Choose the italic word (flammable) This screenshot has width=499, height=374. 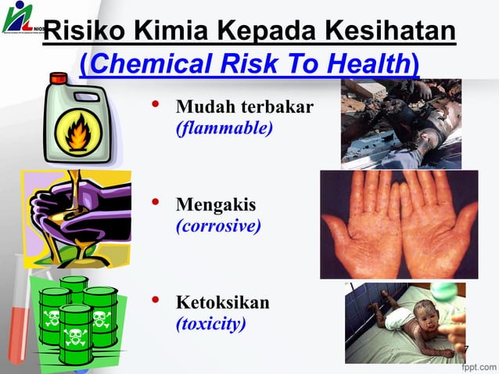coord(224,127)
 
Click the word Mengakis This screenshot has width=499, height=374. coord(216,207)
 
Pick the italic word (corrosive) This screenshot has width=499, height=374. coord(218,227)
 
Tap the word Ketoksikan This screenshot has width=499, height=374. coord(223,303)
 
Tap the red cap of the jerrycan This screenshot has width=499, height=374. coord(59,78)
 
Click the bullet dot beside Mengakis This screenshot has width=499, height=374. coord(156,203)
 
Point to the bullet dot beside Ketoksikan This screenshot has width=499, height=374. coord(156,300)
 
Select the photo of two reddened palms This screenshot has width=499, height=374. coord(398,225)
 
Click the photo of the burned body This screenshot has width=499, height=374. coord(400,123)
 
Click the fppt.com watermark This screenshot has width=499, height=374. coord(477,365)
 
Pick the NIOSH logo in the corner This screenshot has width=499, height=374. coord(20,17)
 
